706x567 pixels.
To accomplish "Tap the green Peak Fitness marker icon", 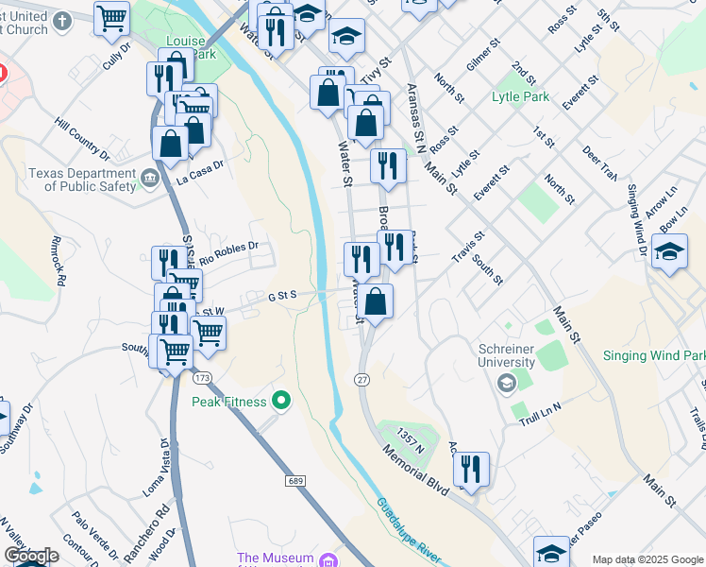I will tap(280, 402).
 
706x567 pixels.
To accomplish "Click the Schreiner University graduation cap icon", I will tap(507, 383).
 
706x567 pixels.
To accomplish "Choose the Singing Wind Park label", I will tap(653, 356).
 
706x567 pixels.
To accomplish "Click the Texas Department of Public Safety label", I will tap(82, 180).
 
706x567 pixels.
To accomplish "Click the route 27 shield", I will tap(361, 379).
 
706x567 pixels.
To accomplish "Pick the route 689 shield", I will tap(294, 482).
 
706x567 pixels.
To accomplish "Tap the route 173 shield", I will tap(201, 378).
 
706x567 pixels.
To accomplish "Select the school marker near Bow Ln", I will tap(669, 252).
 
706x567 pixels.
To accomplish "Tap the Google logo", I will tap(31, 556).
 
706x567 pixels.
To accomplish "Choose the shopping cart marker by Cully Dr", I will tap(112, 18).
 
